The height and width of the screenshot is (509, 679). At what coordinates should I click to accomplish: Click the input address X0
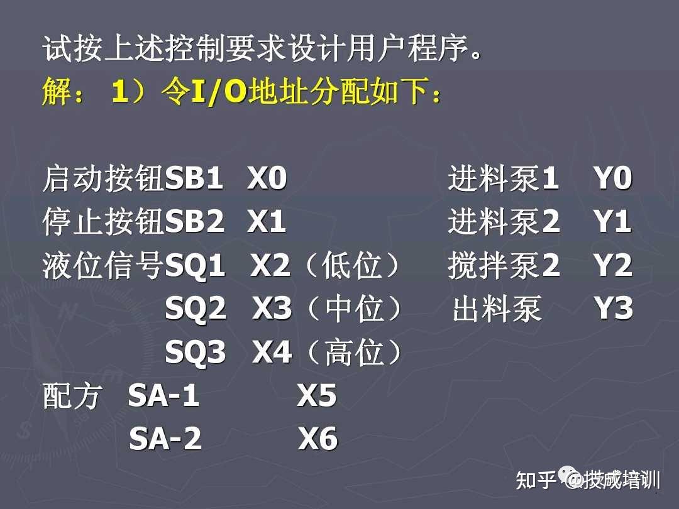click(x=267, y=178)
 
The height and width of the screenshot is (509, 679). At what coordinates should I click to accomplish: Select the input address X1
click(x=267, y=222)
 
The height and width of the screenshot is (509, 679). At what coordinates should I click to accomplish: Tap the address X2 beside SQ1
click(x=270, y=265)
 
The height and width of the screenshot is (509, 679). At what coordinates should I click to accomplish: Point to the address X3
click(x=272, y=308)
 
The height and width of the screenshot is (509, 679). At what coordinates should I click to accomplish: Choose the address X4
click(x=272, y=351)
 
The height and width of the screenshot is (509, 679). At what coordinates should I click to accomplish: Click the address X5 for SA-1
click(x=316, y=395)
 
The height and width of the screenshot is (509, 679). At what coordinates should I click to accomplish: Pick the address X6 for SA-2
click(x=318, y=439)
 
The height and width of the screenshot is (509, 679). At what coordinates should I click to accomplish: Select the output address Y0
click(x=613, y=178)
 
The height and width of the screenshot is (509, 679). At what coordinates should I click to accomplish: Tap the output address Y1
click(x=612, y=222)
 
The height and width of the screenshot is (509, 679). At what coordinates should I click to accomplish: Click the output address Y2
click(x=613, y=265)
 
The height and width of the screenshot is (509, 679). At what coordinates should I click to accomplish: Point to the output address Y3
click(x=613, y=308)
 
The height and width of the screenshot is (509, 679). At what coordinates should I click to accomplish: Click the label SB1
click(x=194, y=178)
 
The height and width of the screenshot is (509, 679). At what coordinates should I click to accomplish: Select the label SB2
click(x=194, y=222)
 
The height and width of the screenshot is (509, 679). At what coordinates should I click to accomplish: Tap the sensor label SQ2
click(x=196, y=309)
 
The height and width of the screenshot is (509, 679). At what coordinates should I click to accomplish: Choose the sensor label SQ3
click(x=196, y=353)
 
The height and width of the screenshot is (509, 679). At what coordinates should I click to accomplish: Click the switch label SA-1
click(x=163, y=395)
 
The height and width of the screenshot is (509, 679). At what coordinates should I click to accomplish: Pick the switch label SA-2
click(x=165, y=439)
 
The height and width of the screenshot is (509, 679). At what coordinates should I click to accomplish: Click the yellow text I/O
click(x=219, y=92)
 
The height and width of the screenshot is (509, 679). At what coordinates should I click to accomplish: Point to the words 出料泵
click(x=497, y=309)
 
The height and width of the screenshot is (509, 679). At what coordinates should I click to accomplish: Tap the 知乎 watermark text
click(x=536, y=479)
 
